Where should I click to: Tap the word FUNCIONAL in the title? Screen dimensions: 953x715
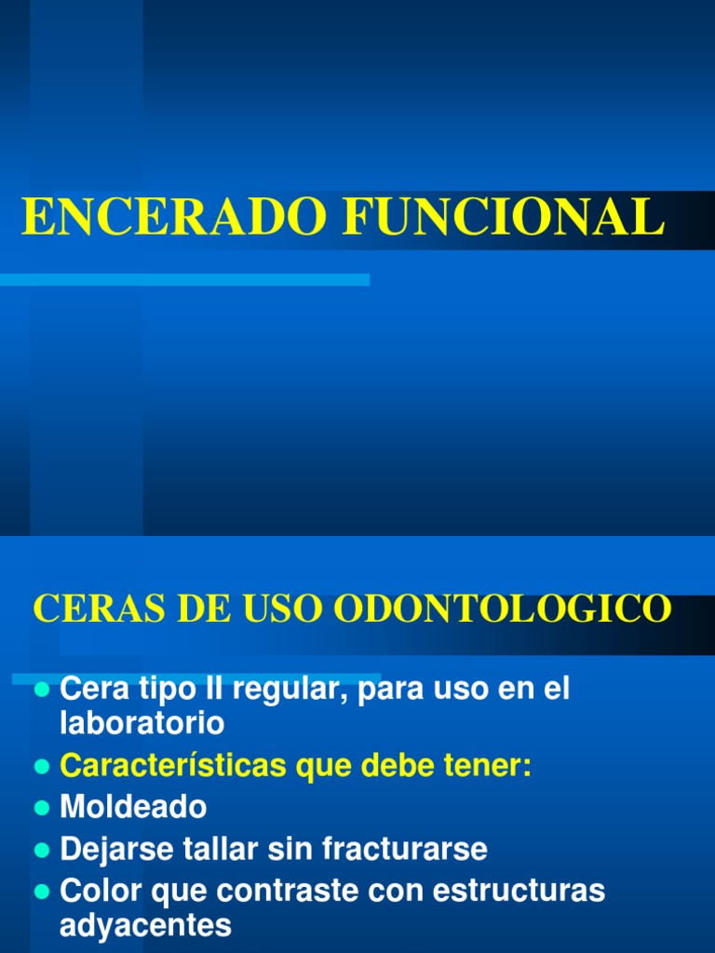click(x=505, y=218)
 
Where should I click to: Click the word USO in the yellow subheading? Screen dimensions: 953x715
click(x=288, y=609)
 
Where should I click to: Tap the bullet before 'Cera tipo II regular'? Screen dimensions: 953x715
click(x=40, y=691)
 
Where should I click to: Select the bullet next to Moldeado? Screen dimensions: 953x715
click(x=40, y=807)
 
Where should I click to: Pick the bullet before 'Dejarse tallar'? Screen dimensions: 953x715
click(x=40, y=850)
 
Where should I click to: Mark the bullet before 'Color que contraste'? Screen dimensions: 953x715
click(x=40, y=892)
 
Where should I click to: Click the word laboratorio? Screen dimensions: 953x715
click(x=142, y=723)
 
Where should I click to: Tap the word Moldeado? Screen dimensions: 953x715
click(x=133, y=807)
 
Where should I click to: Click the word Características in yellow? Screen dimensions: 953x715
click(x=174, y=766)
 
